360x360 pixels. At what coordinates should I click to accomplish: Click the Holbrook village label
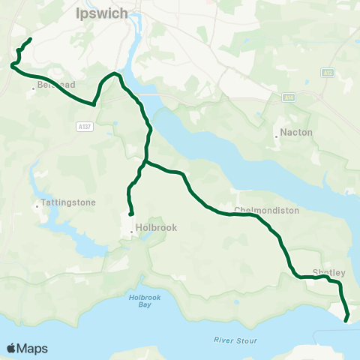155,229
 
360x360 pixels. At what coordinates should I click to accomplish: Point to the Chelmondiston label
266,211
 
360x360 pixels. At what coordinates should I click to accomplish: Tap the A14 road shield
290,96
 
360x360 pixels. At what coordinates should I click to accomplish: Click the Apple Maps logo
27,348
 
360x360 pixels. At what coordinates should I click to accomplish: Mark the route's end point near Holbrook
131,213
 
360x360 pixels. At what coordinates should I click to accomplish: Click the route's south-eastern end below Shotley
346,320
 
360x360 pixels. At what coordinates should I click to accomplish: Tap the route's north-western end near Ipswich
30,39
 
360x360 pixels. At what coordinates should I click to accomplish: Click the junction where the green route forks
145,161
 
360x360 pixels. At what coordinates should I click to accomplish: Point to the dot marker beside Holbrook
132,232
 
